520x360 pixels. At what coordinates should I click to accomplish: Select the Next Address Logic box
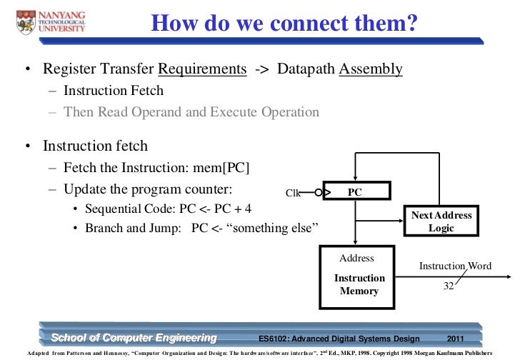[441, 221]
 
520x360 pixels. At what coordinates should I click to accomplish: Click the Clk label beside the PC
[294, 193]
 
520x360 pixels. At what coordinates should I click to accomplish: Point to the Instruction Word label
[455, 266]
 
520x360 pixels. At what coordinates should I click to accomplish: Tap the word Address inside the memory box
[356, 258]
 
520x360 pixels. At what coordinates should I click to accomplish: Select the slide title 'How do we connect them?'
[284, 24]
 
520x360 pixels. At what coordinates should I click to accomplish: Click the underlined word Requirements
[201, 69]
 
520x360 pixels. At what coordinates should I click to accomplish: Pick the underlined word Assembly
[370, 69]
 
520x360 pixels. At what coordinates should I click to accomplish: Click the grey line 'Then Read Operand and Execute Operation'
[191, 112]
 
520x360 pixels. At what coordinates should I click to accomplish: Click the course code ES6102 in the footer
[275, 338]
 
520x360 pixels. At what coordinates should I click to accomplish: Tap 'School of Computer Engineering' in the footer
[133, 337]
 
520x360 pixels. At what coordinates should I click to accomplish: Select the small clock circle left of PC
[319, 191]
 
